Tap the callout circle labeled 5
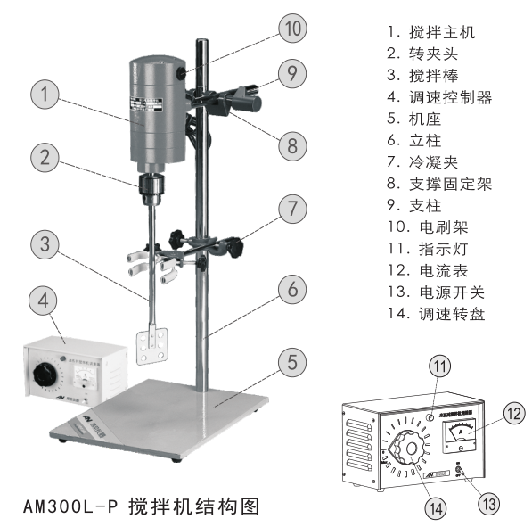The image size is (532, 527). tap(291, 363)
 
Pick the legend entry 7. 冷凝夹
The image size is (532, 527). tap(423, 161)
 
